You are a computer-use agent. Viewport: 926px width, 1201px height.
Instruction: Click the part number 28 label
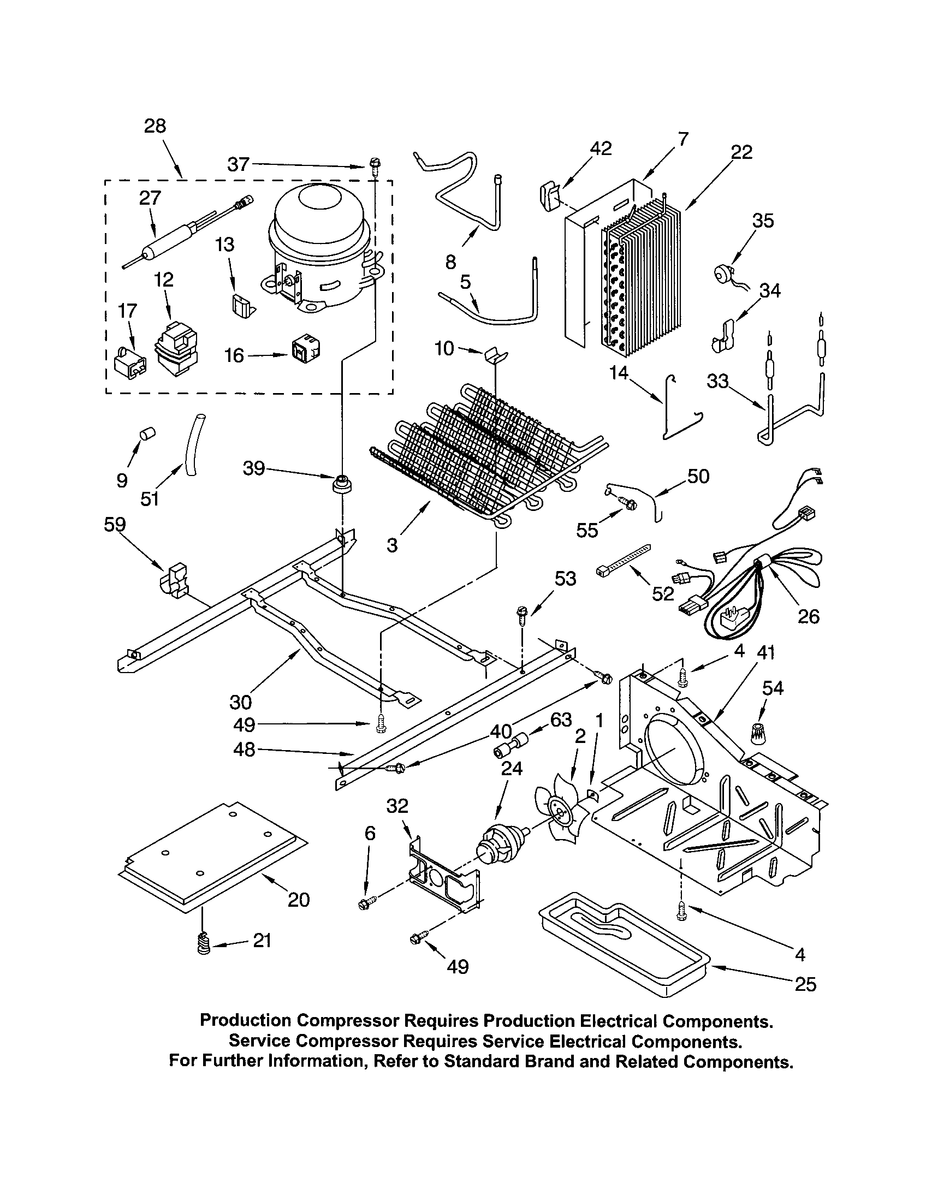pos(155,126)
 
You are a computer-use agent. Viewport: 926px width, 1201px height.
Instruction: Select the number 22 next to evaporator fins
pos(741,152)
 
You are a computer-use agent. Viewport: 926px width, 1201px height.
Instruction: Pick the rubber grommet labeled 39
pos(341,484)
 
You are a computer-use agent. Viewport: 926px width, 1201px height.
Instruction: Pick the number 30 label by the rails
pos(240,702)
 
